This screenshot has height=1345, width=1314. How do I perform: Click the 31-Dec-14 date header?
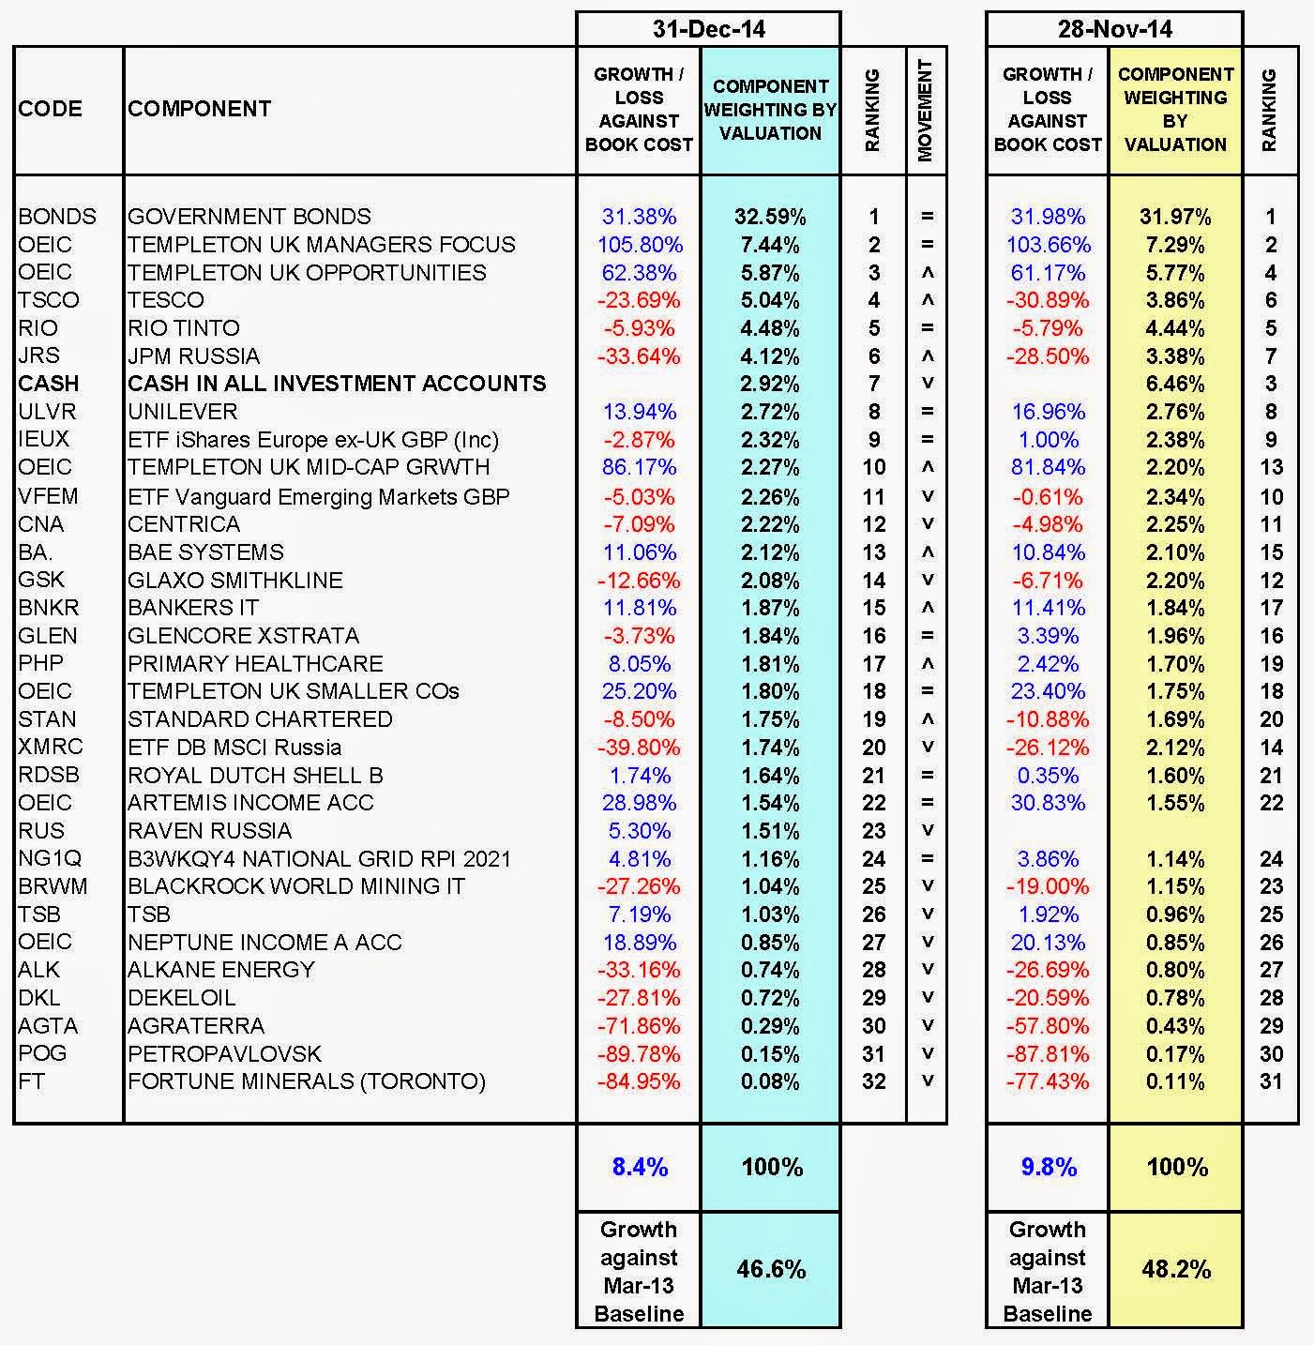point(708,29)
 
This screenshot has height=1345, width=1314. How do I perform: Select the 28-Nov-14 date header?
point(1114,29)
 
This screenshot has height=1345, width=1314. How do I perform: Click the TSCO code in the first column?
point(48,300)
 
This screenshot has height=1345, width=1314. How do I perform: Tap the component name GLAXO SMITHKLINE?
point(235,580)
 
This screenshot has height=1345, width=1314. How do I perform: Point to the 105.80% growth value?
point(640,245)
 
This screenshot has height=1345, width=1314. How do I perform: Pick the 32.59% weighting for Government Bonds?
point(770,217)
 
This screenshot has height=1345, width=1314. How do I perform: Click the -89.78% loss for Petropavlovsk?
point(639,1053)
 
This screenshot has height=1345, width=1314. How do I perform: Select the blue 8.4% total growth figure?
point(640,1167)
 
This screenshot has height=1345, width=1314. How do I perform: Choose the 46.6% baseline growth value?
point(771,1269)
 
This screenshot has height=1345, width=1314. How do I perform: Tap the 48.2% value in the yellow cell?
point(1177,1269)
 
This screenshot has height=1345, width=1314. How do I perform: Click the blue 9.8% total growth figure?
point(1048,1167)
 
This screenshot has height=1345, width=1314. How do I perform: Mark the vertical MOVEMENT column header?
point(927,110)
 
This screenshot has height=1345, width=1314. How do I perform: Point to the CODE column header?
point(50,109)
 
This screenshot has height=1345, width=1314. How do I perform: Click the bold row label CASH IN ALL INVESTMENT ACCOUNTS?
point(337,384)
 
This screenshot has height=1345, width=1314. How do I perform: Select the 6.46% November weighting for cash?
point(1175,384)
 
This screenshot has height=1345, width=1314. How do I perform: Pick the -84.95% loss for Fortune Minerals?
point(639,1081)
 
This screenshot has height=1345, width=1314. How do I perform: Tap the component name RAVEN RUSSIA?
point(210,831)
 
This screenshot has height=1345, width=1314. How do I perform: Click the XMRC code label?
point(51,748)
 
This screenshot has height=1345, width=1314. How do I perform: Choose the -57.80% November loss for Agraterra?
point(1047,1026)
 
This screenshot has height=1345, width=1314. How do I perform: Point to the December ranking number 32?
point(873,1081)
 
